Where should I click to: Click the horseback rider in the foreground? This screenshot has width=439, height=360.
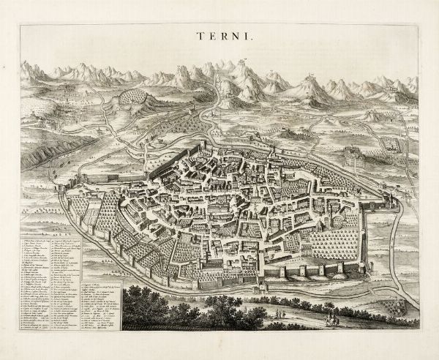click(x=331, y=319)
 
